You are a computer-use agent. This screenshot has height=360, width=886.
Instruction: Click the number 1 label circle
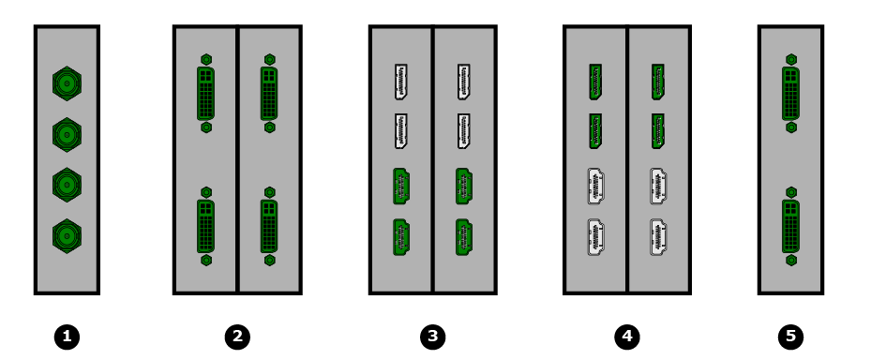[x=67, y=337]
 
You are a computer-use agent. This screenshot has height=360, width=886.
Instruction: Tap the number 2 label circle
[x=237, y=337]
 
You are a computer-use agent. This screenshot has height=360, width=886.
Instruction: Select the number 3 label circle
[x=433, y=337]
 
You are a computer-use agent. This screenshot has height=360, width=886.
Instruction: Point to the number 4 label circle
[x=627, y=337]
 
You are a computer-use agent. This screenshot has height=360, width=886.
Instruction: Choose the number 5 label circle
[x=790, y=337]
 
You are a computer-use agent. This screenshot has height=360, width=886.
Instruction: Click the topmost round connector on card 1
[x=67, y=83]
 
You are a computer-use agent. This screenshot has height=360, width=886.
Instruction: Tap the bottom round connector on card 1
[x=67, y=235]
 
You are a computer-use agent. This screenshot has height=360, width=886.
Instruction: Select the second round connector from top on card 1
[x=67, y=134]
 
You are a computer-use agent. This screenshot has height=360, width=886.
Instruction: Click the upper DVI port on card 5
[x=791, y=93]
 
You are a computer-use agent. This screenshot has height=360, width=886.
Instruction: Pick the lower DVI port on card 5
[x=791, y=226]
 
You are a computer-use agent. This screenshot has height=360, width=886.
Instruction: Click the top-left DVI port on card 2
[x=205, y=93]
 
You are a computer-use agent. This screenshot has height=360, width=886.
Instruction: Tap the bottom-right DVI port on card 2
[x=269, y=226]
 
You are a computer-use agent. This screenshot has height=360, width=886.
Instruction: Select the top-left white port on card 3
[x=400, y=82]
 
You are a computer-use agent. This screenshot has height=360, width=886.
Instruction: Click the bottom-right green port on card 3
[x=464, y=237]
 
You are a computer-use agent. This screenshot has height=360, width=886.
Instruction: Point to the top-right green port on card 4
[x=658, y=82]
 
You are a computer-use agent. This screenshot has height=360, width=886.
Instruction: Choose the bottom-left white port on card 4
[x=595, y=237]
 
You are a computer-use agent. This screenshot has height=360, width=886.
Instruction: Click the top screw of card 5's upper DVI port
[x=791, y=59]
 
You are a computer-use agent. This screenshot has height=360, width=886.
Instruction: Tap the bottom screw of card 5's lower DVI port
[x=791, y=261]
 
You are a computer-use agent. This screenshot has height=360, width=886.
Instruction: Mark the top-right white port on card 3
[x=464, y=82]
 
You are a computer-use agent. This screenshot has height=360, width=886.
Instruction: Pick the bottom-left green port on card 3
[x=401, y=237]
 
